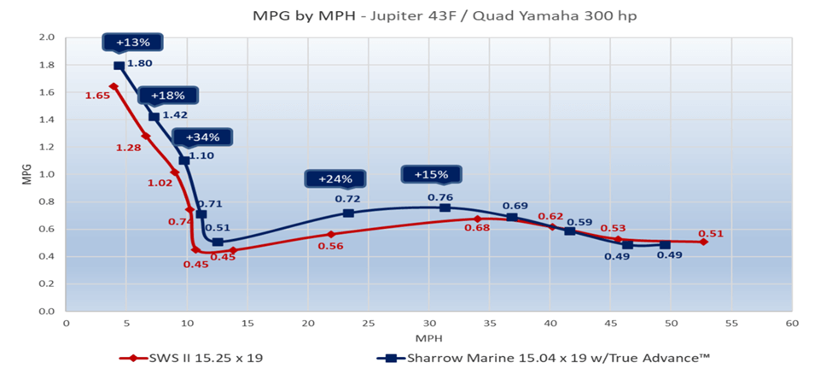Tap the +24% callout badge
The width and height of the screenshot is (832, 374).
[x=335, y=179]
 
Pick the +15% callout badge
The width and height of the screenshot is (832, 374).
[x=431, y=175]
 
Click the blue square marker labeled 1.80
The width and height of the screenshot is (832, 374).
[x=119, y=66]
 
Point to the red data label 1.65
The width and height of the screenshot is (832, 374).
[x=96, y=96]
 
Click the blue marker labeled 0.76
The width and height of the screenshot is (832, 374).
[x=445, y=207]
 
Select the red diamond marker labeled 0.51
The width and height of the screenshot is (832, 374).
[x=703, y=242]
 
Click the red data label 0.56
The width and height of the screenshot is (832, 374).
[x=330, y=246]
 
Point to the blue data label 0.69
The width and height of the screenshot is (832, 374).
[x=515, y=206]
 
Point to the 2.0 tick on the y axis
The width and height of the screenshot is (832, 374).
[x=47, y=38]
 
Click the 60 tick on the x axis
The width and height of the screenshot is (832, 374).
[x=792, y=324]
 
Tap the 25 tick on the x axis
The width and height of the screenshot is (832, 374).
[x=369, y=324]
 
